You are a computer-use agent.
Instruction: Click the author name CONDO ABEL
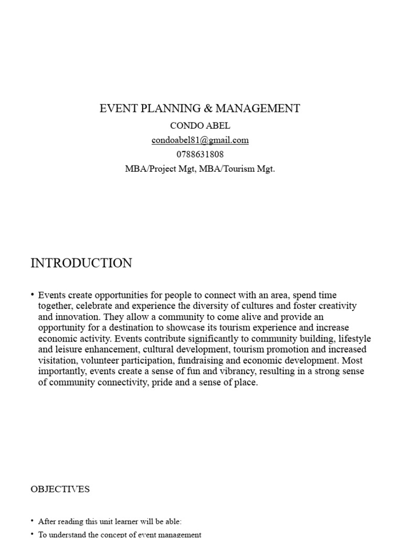pyautogui.click(x=200, y=126)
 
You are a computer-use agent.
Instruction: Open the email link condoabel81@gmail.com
pyautogui.click(x=200, y=140)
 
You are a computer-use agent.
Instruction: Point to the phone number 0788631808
pyautogui.click(x=200, y=154)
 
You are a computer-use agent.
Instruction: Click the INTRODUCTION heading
pyautogui.click(x=81, y=263)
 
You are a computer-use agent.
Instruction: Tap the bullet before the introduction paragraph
pyautogui.click(x=33, y=295)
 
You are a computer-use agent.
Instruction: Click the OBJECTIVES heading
pyautogui.click(x=60, y=489)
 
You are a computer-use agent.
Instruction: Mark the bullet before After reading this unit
pyautogui.click(x=33, y=521)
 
